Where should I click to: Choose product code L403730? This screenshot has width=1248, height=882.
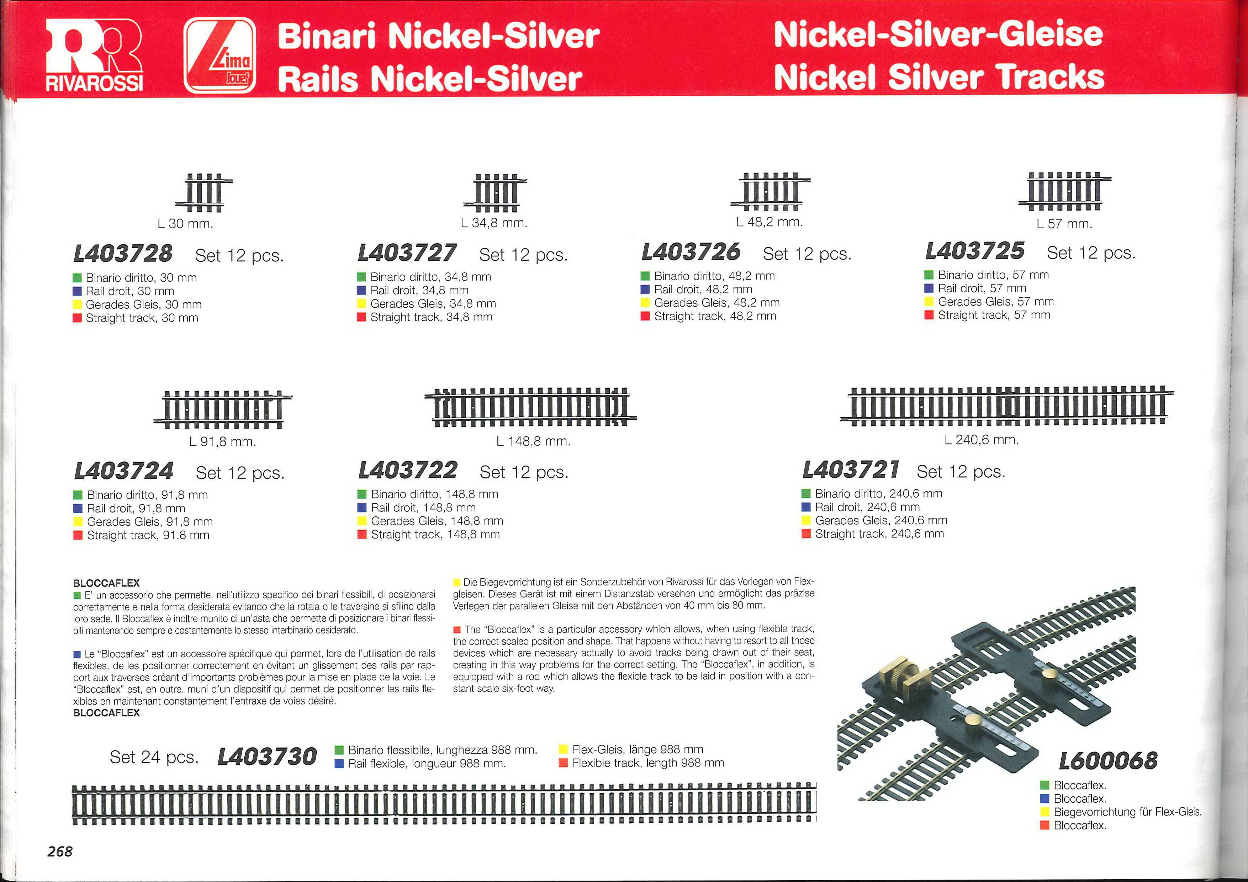tap(267, 756)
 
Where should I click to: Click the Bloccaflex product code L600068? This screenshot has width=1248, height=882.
tap(1108, 760)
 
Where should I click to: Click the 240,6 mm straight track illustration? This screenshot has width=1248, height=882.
tap(1007, 406)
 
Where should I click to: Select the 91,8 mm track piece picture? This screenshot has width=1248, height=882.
tap(223, 410)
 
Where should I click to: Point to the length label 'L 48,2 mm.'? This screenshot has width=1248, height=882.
tap(769, 222)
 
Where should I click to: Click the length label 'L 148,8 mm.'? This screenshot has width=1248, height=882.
tap(533, 441)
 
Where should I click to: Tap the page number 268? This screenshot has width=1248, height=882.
tap(60, 851)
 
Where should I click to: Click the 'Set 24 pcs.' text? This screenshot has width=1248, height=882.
tap(154, 757)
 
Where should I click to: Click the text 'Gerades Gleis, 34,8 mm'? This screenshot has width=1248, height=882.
tap(433, 304)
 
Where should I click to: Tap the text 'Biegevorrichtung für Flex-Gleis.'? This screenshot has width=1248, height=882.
tap(1128, 812)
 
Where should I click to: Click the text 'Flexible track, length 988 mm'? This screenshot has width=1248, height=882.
tap(649, 763)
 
